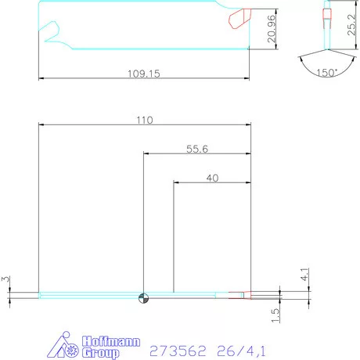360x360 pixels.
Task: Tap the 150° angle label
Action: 326,72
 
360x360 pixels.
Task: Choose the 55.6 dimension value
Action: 196,149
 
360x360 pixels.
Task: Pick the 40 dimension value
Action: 211,178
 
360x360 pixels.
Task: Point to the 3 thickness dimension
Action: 5,279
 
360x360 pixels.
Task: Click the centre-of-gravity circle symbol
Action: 142,296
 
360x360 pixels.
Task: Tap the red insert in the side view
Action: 238,18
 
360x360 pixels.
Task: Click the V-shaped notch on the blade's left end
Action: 52,33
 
